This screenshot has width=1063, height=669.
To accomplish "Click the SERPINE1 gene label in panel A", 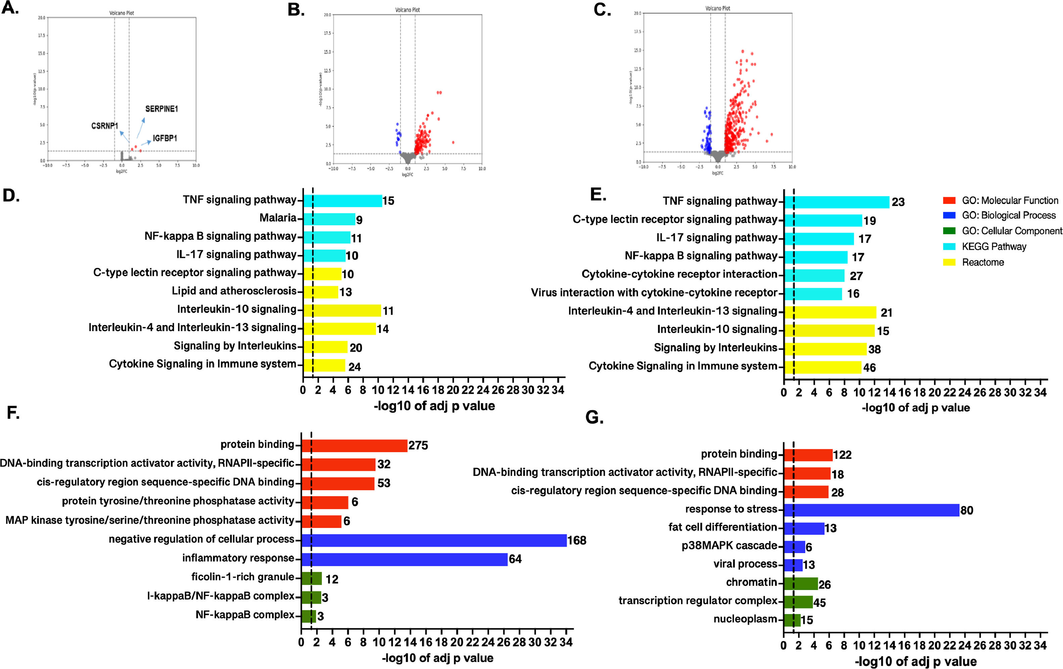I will point(161,108).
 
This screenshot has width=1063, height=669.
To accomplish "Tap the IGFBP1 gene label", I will point(165,138).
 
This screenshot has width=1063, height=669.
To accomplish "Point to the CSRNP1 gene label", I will point(105,126).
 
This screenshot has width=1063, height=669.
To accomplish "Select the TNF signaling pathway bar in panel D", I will point(343,201).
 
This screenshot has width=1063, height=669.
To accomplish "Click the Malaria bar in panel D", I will point(329,219).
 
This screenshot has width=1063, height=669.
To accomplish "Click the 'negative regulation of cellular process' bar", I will point(434,540).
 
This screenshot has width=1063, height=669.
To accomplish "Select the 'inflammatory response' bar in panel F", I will point(404,559).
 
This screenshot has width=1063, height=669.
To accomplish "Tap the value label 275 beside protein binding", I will point(418,445).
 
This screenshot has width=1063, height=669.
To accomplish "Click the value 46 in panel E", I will point(869,367).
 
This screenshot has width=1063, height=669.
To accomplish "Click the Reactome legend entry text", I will point(983,262).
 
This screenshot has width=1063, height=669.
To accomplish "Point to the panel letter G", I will point(594,417).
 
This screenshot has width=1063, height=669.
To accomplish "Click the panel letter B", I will point(296,10).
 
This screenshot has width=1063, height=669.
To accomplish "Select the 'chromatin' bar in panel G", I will point(801,584).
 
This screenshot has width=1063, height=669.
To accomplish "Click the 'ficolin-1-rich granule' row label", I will point(242,577).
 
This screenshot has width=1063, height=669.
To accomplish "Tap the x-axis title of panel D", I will point(434,406).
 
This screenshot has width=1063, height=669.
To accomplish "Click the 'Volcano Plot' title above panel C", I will point(717,8).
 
